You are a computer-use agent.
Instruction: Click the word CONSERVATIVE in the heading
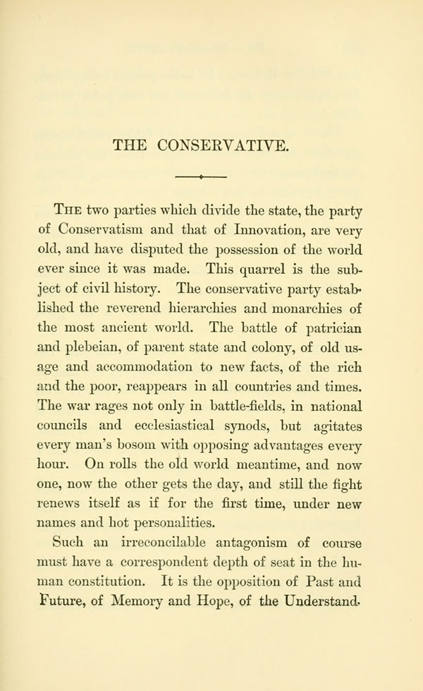coord(224,146)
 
